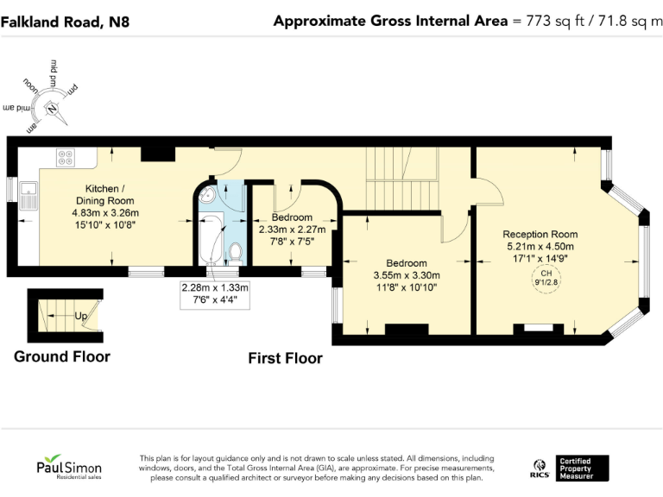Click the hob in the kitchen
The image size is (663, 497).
point(66,158)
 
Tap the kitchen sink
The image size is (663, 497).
point(28,196)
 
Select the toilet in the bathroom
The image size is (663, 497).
point(236,253)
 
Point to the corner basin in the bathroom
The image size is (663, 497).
point(207,196)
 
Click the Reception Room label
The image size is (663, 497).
point(540,234)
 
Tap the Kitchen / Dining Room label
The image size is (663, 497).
point(104,195)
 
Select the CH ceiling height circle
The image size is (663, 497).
point(546,279)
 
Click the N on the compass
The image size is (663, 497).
point(52,109)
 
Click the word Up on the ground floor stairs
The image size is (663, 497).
point(81,316)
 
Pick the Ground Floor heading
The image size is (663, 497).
point(62,356)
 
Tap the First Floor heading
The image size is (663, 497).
point(286,358)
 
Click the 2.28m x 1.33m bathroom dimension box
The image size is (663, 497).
point(215,294)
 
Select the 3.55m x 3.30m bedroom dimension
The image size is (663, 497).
point(407,275)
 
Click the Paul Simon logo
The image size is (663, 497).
point(69,467)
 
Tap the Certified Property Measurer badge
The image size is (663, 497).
point(582,469)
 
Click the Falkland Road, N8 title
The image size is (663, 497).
point(65,22)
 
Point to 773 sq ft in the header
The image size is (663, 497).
point(555,21)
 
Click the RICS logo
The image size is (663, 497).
point(540,469)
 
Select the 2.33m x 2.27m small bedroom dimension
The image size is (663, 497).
point(292,230)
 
